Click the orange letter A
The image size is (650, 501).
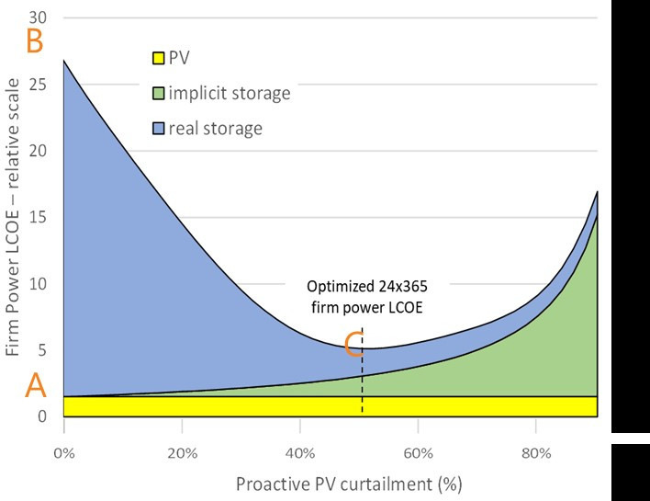(x=35, y=387)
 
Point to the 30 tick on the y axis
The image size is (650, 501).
(x=40, y=17)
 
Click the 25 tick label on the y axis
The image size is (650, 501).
(x=40, y=85)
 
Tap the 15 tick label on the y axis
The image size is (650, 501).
(x=40, y=218)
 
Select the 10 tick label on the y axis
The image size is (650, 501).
(x=40, y=284)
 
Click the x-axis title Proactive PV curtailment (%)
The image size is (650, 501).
(x=348, y=484)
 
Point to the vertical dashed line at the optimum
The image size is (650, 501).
(x=363, y=386)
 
